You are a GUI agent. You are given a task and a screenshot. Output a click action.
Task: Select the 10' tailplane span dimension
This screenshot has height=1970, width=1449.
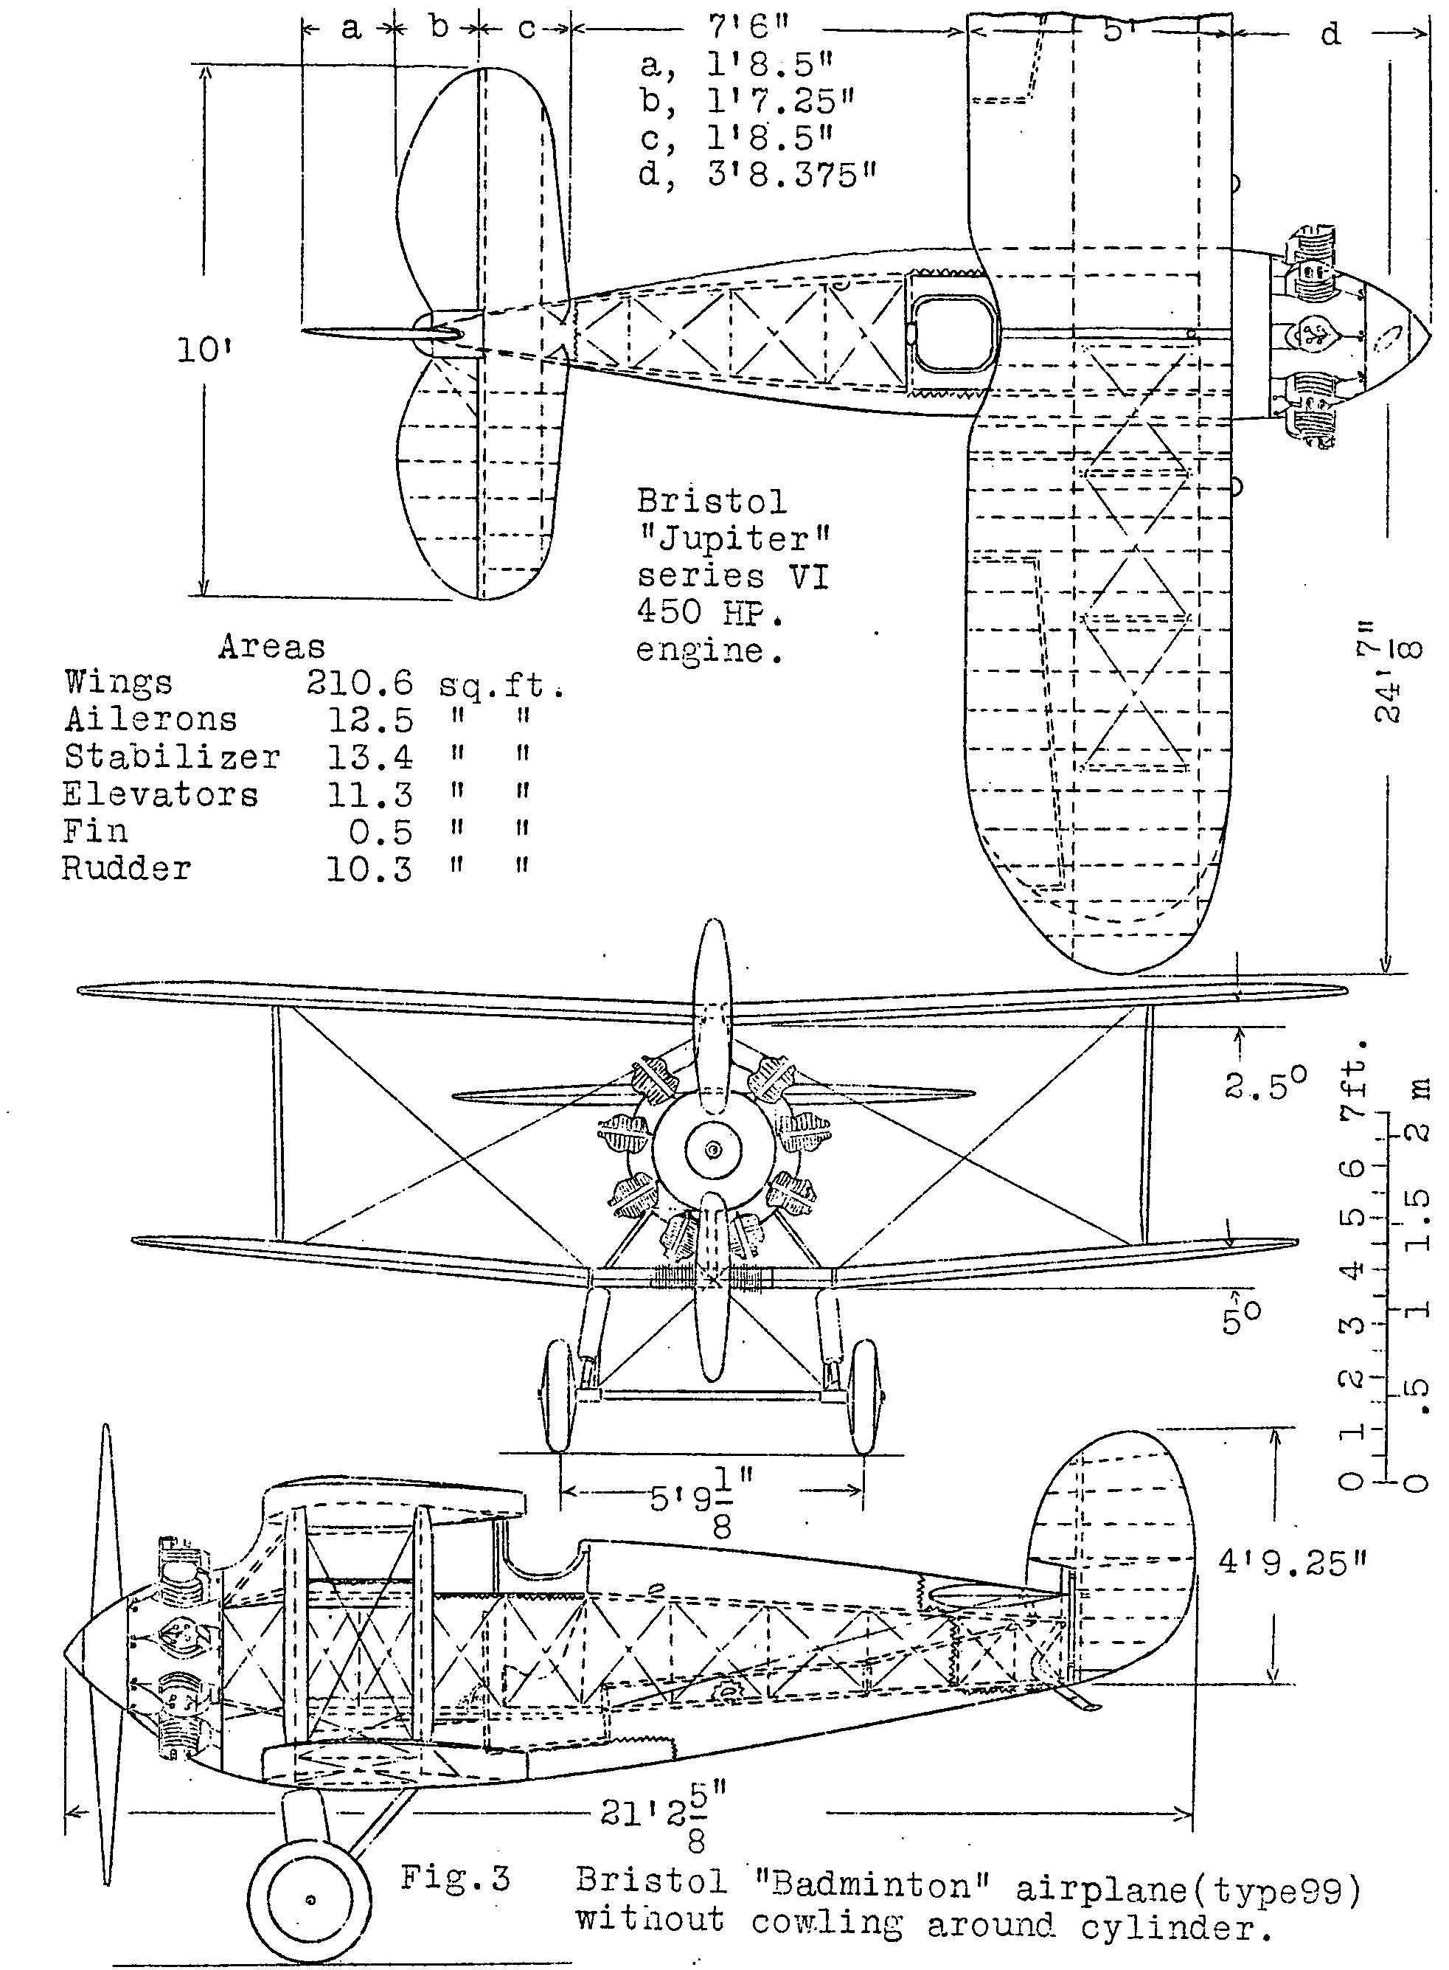pos(198,351)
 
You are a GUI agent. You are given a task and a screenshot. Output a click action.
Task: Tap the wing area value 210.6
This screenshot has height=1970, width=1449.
pos(360,683)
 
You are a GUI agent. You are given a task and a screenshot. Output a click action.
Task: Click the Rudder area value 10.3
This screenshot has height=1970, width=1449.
pos(369,870)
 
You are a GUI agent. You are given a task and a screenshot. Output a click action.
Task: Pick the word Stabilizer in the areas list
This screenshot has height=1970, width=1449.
pos(172,757)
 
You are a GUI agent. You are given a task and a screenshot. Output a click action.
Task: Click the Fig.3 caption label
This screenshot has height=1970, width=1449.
pos(455,1878)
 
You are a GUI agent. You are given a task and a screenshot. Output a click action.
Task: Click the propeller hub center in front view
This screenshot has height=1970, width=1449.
pos(713,1149)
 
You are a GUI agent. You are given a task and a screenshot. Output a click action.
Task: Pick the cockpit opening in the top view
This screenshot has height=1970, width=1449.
pos(953,334)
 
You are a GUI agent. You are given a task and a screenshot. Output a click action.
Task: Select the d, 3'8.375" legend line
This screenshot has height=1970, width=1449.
pos(759,176)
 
